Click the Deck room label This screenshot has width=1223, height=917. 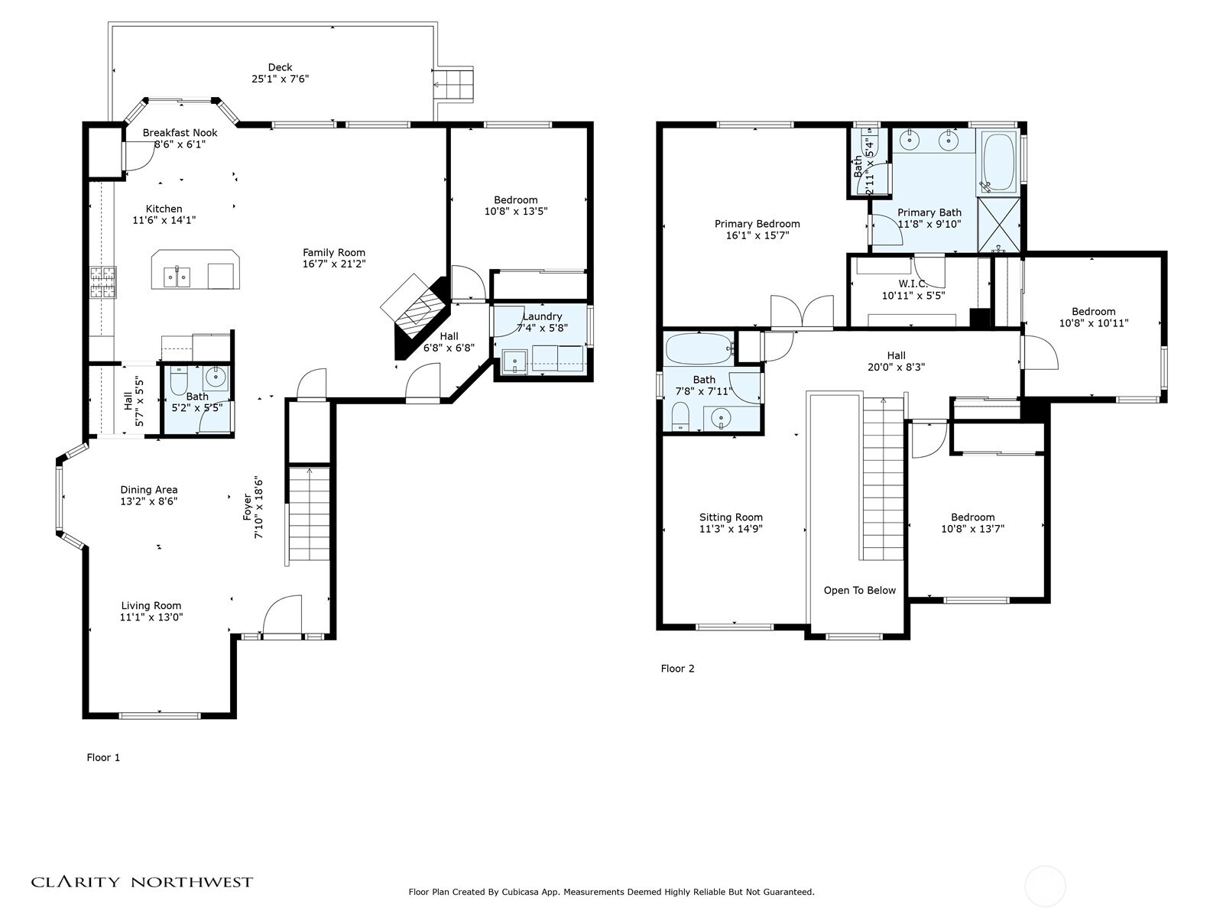pos(280,67)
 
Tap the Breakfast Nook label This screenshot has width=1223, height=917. pos(180,132)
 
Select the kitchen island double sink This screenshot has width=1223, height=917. pos(177,276)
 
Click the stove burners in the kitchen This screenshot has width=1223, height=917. pos(103,282)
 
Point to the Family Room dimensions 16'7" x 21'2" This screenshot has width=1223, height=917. pos(334,264)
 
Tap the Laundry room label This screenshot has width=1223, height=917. pos(542,316)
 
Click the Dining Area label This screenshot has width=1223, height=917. pos(149,490)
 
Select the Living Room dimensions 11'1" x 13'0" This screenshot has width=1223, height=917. pos(151,617)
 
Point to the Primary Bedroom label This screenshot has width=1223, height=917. pos(757,224)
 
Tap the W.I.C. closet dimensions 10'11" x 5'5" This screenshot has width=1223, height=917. pos(913,296)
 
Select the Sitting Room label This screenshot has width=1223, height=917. pos(731,517)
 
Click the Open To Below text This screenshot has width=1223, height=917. pos(860,590)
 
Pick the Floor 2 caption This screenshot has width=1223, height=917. pos(677,669)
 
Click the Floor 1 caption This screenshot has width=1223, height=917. pos(103,757)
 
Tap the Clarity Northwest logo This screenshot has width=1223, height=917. pos(142,882)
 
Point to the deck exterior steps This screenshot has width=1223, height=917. pos(454,85)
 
